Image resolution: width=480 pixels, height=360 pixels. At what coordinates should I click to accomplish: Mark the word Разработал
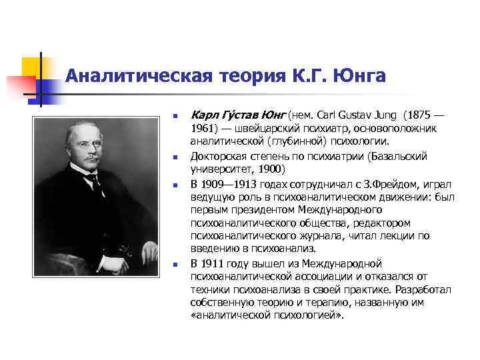pyautogui.click(x=423, y=289)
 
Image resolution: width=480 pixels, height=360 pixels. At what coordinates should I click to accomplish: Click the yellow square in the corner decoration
pyautogui.click(x=31, y=67)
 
